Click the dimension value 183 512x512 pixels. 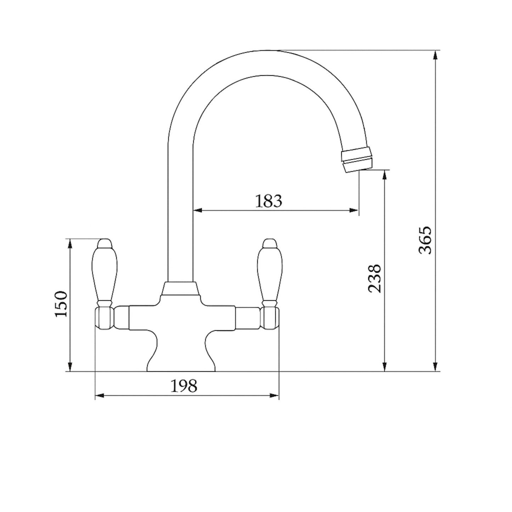[x=269, y=201]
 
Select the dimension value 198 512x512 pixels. [x=184, y=386]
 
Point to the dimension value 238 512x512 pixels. [x=375, y=278]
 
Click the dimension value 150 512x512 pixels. [x=61, y=304]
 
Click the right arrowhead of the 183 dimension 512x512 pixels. [x=355, y=210]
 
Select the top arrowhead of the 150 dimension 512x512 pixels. [x=70, y=242]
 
